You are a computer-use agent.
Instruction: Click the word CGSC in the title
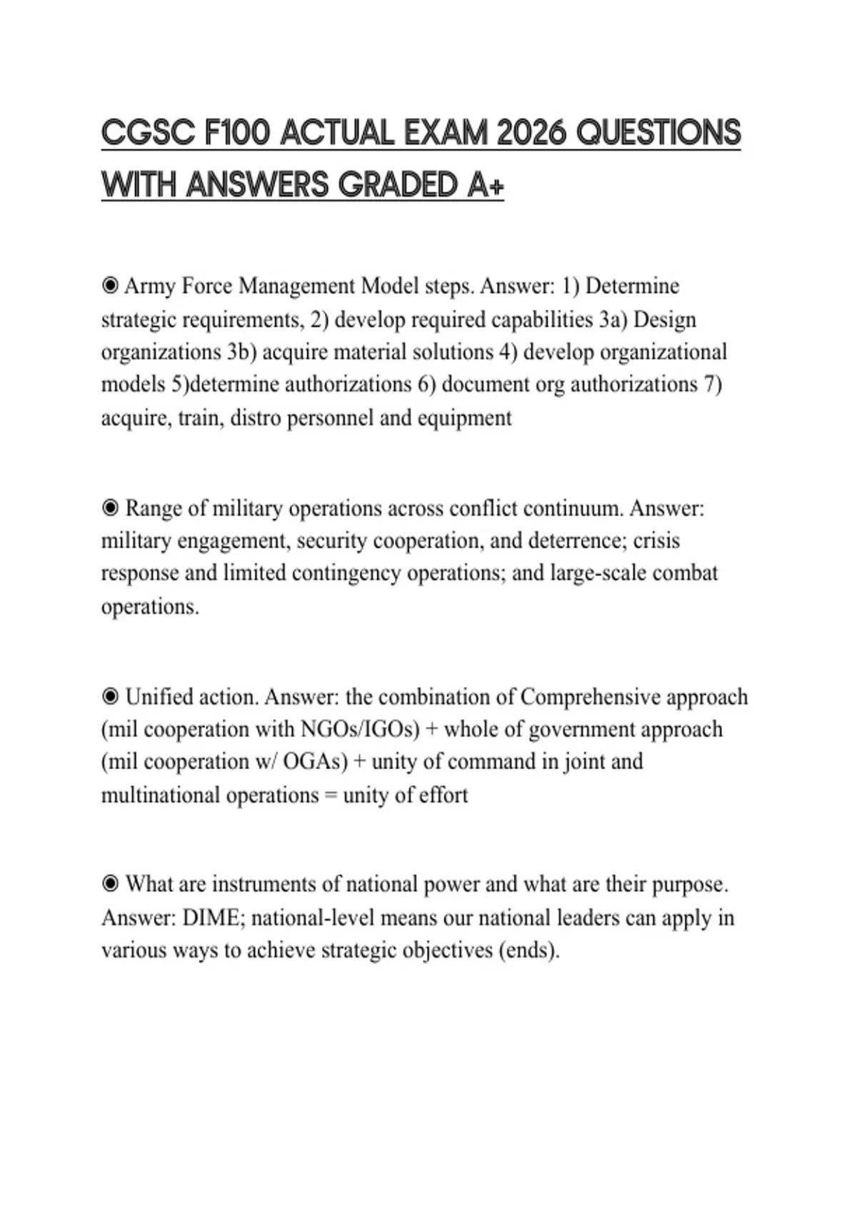(148, 133)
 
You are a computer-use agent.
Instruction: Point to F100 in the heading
(236, 133)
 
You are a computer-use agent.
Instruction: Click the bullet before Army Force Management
(110, 286)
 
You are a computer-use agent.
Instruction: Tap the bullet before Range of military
(110, 508)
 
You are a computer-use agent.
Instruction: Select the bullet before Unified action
(110, 696)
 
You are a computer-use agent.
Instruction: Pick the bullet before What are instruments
(110, 884)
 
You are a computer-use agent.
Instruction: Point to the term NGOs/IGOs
(360, 729)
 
